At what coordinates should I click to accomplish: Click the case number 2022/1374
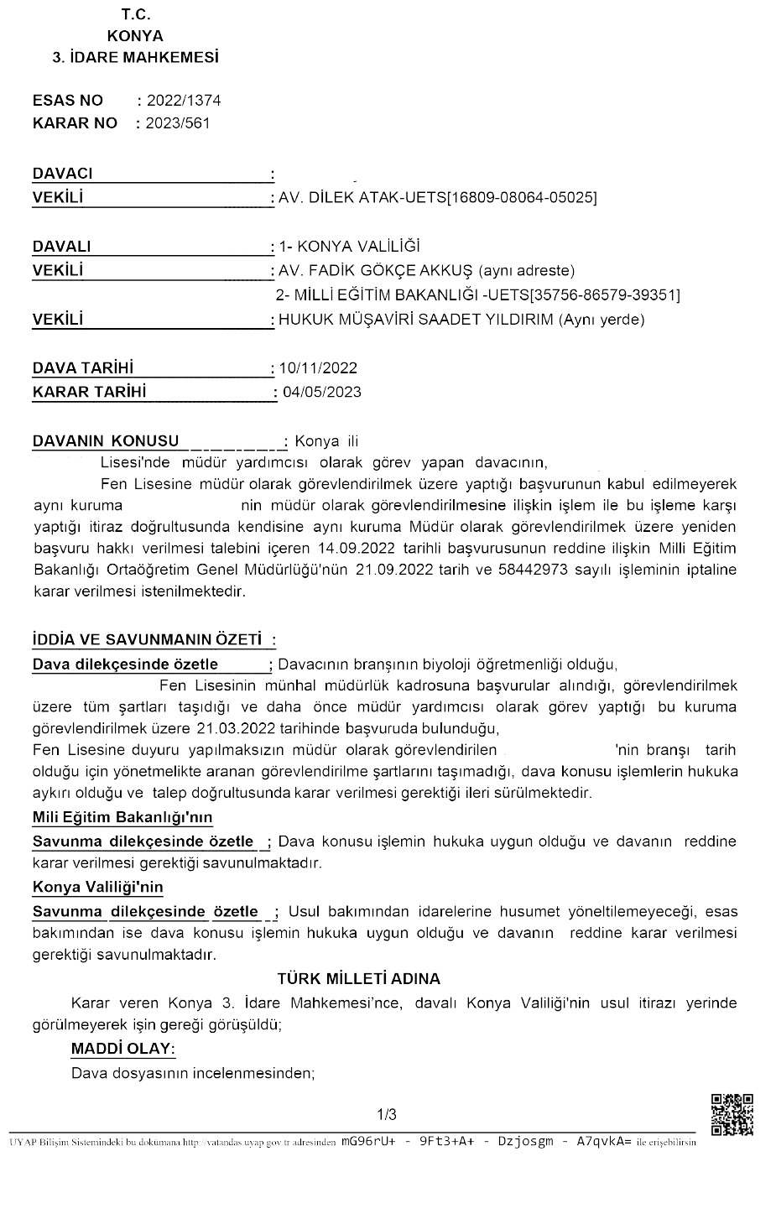point(184,101)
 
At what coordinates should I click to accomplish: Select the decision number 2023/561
point(178,123)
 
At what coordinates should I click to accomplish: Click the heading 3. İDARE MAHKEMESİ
point(136,58)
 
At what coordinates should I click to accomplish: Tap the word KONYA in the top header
point(135,36)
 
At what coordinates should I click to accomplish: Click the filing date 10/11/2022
point(320,368)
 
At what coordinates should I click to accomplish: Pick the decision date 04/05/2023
point(322,392)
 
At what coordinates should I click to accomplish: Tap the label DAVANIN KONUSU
point(106,441)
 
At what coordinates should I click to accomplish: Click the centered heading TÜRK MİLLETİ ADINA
point(359,979)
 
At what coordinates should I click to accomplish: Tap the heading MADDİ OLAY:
point(123,1050)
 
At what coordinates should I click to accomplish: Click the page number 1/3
point(387,1115)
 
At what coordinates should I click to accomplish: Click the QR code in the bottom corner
point(732,1115)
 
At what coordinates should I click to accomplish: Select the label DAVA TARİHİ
point(83,368)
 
